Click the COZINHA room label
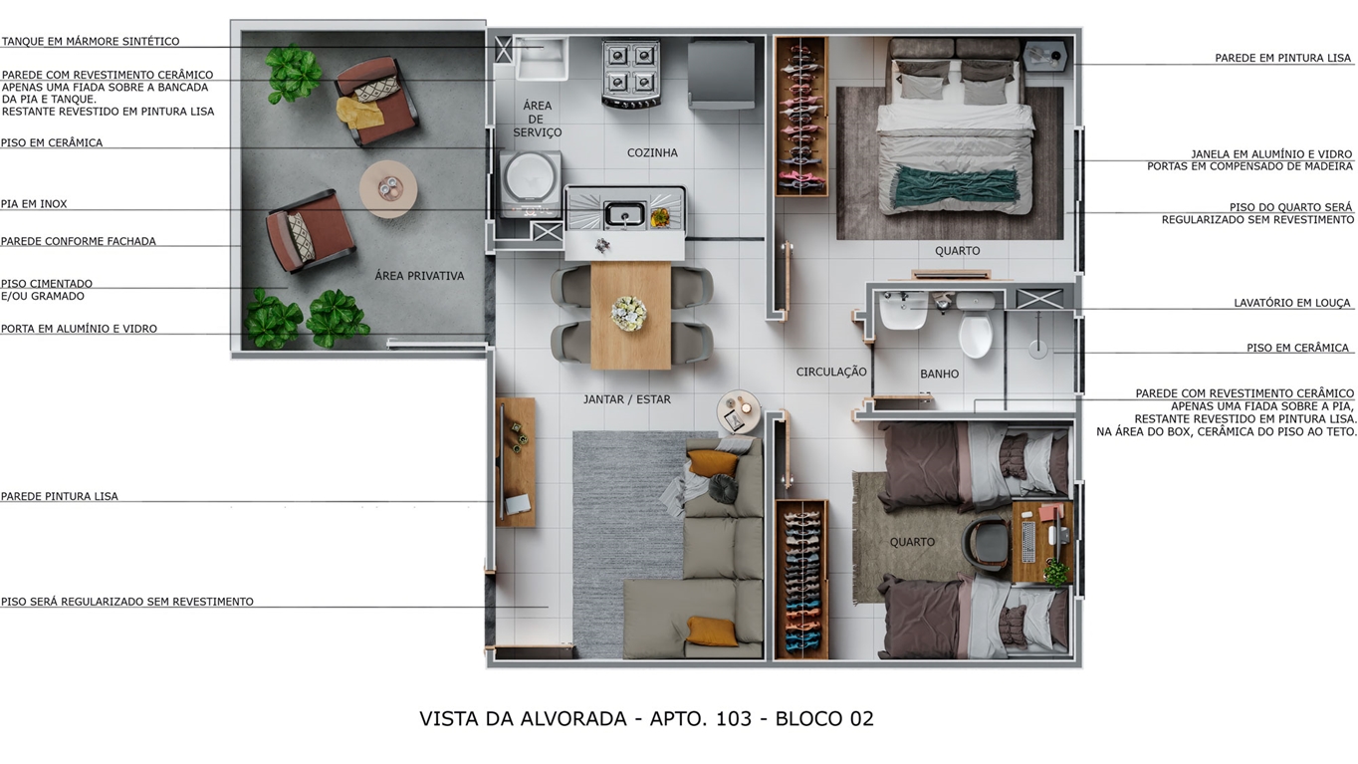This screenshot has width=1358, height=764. coord(652,152)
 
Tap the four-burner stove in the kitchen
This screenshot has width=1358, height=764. coord(631,75)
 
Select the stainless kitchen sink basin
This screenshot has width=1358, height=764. coord(624,214)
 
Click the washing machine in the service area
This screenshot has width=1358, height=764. coord(530,183)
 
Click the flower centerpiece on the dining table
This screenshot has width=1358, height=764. coord(628,314)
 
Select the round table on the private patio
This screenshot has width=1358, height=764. coord(388,189)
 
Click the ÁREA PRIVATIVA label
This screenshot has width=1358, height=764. coord(419,276)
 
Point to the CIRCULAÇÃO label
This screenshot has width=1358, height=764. coord(831,372)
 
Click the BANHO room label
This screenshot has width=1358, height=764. coord(939,375)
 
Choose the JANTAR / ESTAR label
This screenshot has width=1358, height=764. coord(627,399)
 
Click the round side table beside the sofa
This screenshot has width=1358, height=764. coord(738,411)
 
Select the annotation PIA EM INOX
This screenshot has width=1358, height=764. coord(34,204)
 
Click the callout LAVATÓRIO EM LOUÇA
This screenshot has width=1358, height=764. coord(1292,303)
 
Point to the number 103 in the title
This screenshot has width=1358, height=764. coord(734,718)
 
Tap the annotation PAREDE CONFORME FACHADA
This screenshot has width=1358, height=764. coord(79,241)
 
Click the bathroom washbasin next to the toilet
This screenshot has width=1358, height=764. coord(903,310)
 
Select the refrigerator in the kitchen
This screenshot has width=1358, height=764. coord(722,74)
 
